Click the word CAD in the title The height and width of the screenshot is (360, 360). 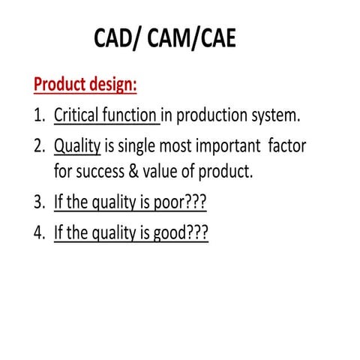[121, 38]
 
